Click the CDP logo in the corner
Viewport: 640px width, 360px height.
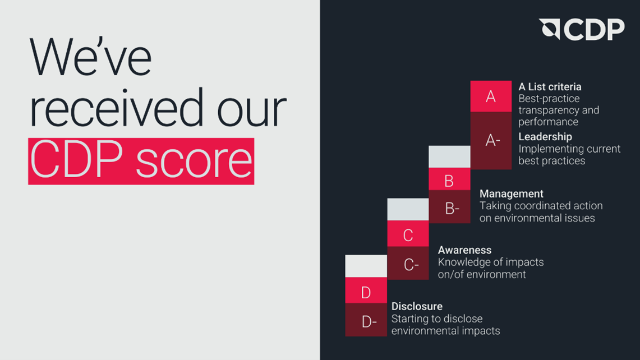click(582, 29)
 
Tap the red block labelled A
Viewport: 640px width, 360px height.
click(491, 96)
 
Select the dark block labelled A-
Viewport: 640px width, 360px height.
click(491, 141)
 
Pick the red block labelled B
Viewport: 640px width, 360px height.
click(449, 179)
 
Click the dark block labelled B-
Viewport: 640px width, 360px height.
click(449, 207)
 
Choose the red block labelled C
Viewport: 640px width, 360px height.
click(408, 234)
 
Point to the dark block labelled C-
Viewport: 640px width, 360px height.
click(408, 263)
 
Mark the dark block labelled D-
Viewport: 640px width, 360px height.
click(366, 320)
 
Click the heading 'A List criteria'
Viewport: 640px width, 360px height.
click(550, 87)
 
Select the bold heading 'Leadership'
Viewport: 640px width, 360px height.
click(545, 137)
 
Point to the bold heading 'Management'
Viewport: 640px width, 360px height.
click(511, 194)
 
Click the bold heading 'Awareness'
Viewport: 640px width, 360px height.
click(464, 250)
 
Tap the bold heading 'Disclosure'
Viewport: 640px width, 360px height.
click(417, 306)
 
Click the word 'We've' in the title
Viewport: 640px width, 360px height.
click(90, 58)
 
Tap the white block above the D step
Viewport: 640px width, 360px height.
click(366, 266)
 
